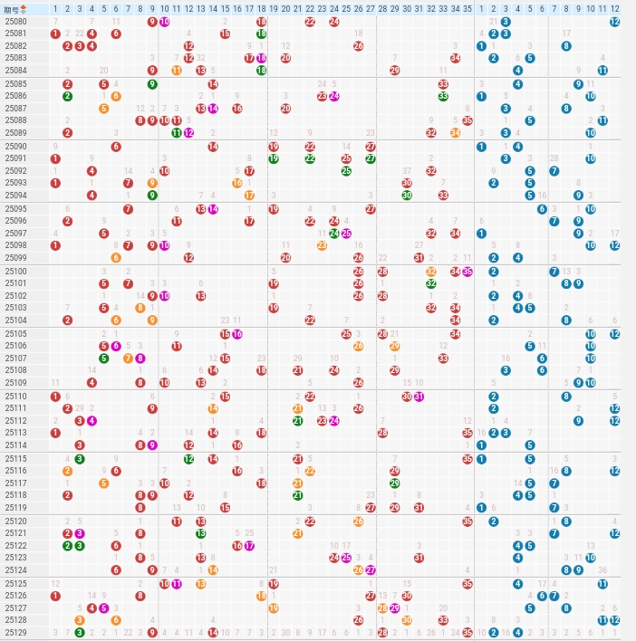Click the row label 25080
point(15,21)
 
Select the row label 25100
point(15,271)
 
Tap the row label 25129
point(15,632)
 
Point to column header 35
point(467,9)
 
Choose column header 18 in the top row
point(261,9)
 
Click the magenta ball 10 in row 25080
point(164,21)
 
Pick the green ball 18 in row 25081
point(261,33)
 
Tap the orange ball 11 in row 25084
point(177,70)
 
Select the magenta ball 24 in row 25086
point(334,96)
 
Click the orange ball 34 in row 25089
point(455,132)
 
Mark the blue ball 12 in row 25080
point(614,21)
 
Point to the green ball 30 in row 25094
point(407,195)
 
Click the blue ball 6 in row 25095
point(542,208)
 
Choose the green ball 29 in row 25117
point(395,483)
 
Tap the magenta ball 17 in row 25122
point(249,545)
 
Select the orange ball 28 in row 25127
point(382,608)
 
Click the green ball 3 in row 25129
point(80,632)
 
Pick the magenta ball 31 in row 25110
point(419,396)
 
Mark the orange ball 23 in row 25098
point(322,244)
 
